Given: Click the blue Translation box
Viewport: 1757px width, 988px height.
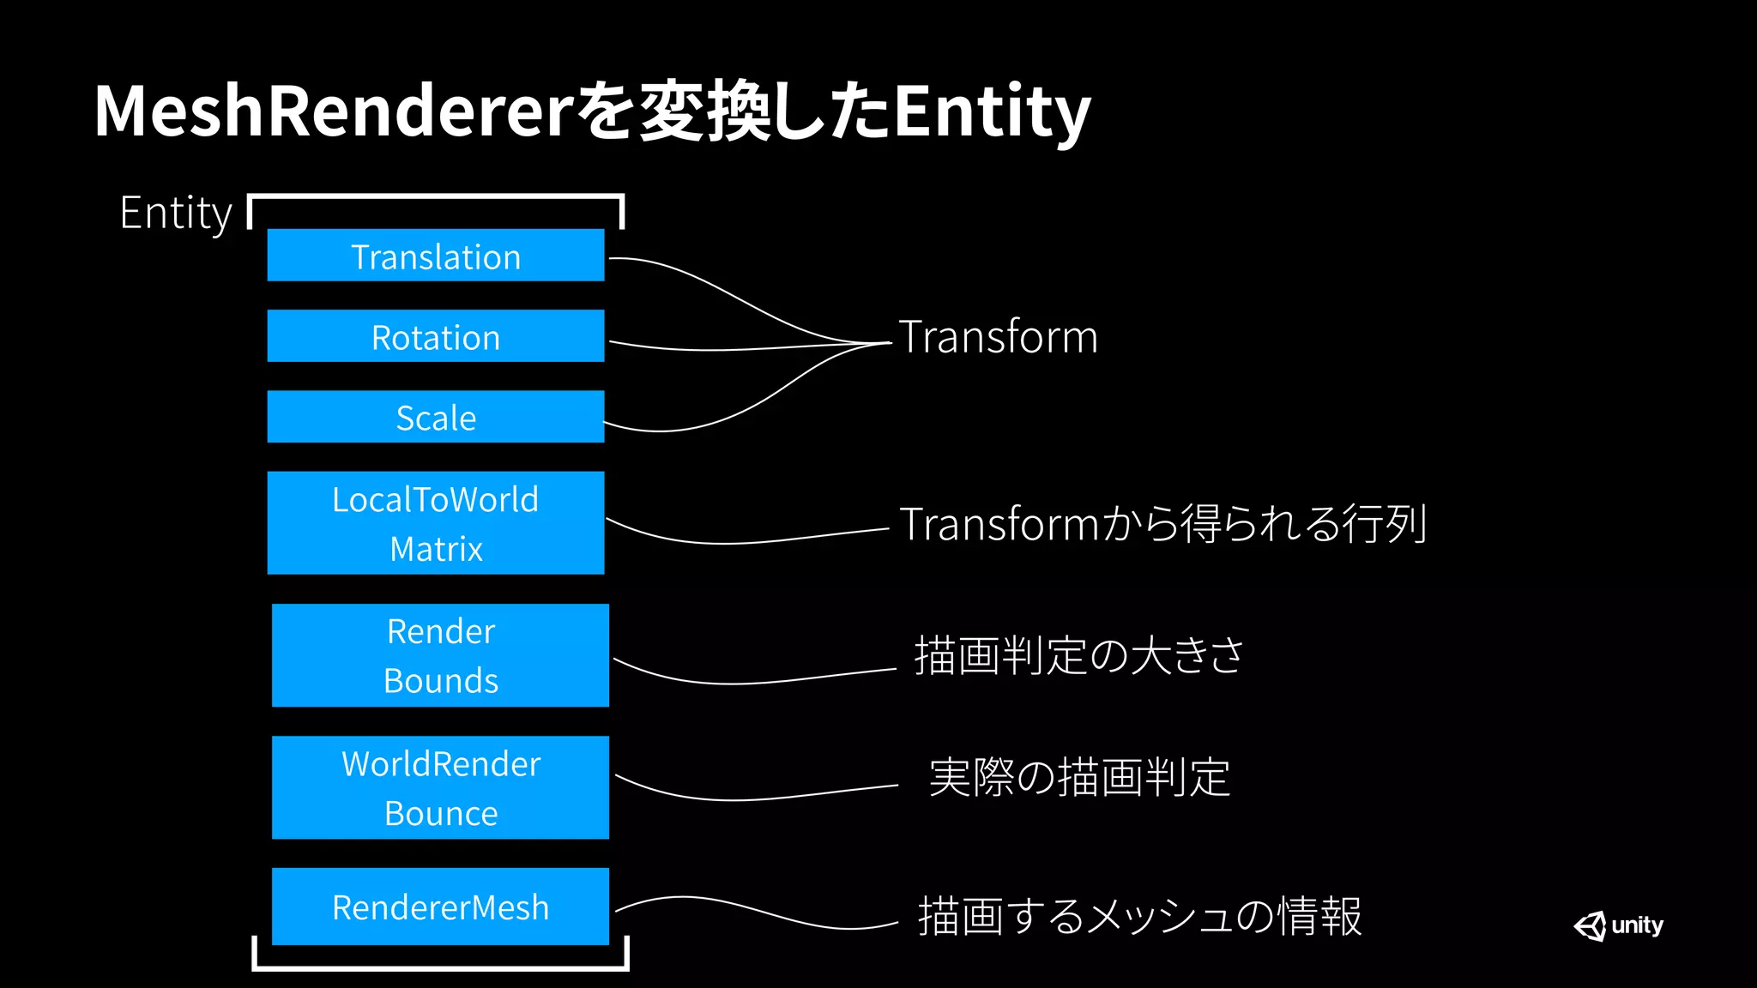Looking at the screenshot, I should (x=435, y=256).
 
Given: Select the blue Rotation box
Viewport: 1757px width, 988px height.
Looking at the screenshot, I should (x=435, y=336).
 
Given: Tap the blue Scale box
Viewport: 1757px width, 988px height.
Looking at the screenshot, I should (x=435, y=417).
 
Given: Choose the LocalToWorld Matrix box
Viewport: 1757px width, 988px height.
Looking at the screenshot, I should (x=435, y=522).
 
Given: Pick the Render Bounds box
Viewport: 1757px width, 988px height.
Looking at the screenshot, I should (x=440, y=655).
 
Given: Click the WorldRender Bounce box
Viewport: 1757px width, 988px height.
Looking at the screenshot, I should (x=440, y=787).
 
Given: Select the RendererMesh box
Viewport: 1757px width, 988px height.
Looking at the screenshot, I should (x=440, y=907).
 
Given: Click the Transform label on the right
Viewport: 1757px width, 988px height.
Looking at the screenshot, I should (x=998, y=337).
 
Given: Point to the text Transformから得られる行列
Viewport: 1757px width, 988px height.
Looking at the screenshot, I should (x=1162, y=524).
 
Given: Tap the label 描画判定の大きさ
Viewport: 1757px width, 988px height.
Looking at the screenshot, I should (x=1078, y=656).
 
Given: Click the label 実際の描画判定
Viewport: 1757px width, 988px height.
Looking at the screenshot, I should (x=1079, y=778).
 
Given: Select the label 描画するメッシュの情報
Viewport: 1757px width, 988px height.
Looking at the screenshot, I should (x=1139, y=916).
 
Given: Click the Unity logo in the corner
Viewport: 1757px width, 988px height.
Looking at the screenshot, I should (x=1618, y=925).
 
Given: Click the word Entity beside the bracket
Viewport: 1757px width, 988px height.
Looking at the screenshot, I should (x=176, y=214).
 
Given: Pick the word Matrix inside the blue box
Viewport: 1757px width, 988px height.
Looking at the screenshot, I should (x=436, y=549).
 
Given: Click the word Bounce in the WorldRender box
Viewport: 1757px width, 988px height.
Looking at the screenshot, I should (x=441, y=813).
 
